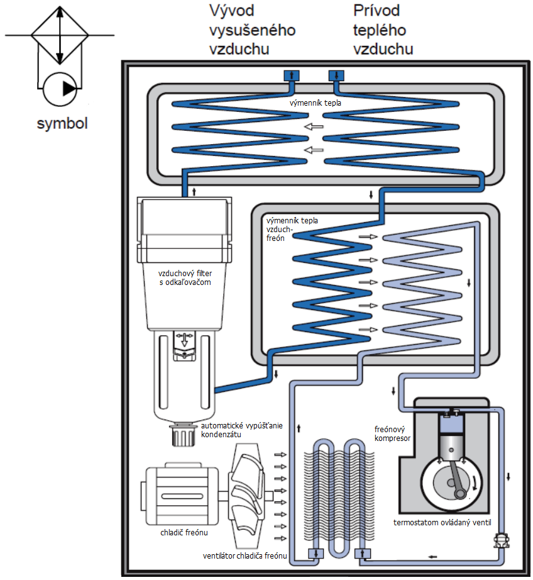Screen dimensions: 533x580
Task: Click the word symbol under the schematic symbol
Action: point(62,123)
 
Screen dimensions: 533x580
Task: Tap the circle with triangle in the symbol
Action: point(60,89)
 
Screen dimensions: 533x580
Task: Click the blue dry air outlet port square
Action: point(291,75)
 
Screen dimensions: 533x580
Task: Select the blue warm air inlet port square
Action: point(336,75)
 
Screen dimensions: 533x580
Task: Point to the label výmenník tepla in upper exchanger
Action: point(316,103)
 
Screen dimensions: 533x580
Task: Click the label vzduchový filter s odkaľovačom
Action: point(185,278)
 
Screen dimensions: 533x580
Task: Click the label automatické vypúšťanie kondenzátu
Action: point(242,430)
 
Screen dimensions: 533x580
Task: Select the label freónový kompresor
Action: point(392,433)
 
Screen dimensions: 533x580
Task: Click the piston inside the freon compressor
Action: point(451,444)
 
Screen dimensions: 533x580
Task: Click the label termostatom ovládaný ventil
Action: point(442,522)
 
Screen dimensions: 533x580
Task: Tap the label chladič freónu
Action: point(184,532)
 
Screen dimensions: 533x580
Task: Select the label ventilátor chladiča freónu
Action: point(245,555)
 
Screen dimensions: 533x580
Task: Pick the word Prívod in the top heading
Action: point(376,10)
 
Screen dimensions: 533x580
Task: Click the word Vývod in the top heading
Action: point(232,10)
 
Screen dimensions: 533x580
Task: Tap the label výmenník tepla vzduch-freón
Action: point(292,230)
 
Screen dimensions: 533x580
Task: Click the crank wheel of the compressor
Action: point(451,483)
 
